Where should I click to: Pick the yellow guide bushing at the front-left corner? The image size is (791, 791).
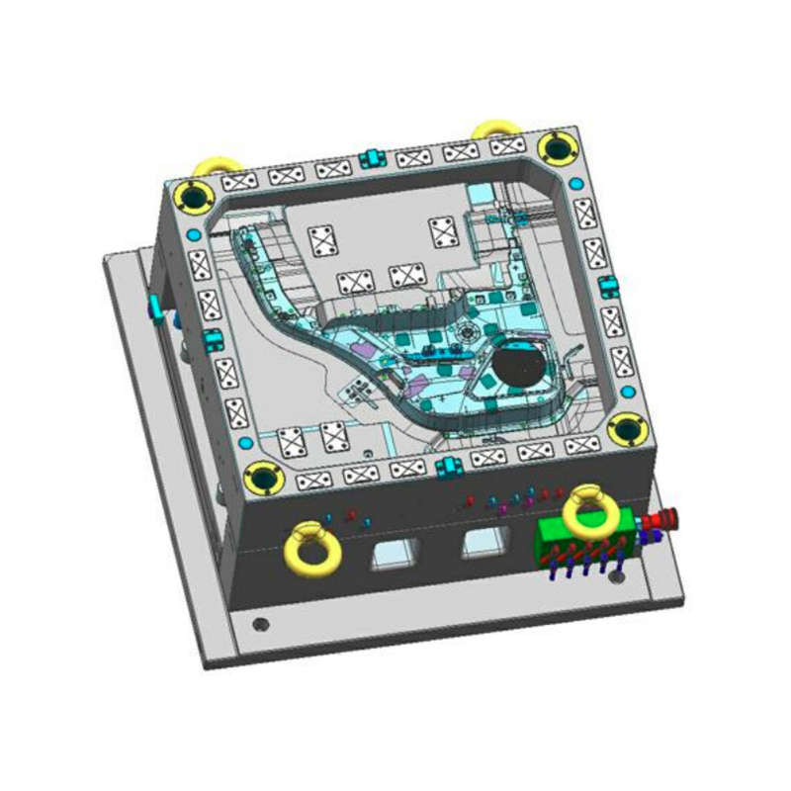click(x=264, y=479)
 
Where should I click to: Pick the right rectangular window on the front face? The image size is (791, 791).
click(x=483, y=541)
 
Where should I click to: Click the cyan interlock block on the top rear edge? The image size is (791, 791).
click(x=372, y=156)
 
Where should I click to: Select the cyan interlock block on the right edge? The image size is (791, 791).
click(x=607, y=287)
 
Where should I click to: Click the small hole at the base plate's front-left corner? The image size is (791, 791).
click(x=259, y=625)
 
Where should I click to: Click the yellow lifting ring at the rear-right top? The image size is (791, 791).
click(x=494, y=130)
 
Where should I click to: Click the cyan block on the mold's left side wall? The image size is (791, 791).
click(x=155, y=307)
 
